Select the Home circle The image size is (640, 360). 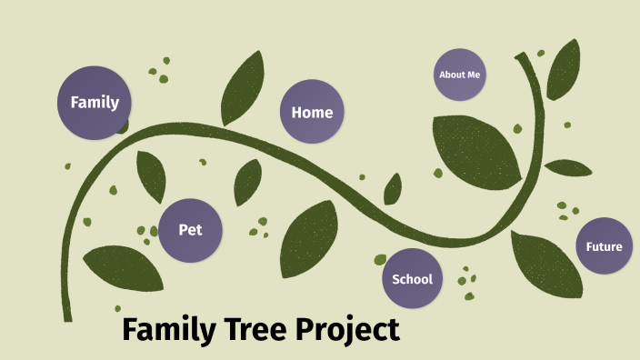point(312,113)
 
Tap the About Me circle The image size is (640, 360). point(459,75)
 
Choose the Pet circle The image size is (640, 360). point(190,230)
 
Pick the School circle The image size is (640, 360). point(412,279)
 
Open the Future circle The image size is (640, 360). point(604,246)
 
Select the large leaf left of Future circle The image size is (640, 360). point(545,264)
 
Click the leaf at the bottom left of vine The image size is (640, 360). point(124,267)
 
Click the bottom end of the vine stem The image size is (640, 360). point(67,316)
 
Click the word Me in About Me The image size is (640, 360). point(472,75)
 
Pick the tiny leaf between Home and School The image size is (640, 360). point(393,189)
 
